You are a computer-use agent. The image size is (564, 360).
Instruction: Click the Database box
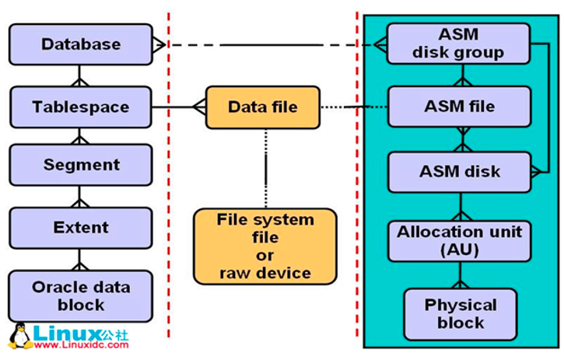(x=80, y=44)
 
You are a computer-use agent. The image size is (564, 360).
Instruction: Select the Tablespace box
(x=80, y=107)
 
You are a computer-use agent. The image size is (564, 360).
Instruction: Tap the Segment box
(x=80, y=165)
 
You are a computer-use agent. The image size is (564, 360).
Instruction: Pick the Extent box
(x=80, y=227)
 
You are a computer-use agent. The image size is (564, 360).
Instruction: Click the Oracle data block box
(x=80, y=295)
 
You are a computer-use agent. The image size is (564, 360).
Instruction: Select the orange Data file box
(x=262, y=107)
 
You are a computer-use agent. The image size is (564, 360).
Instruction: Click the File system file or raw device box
(x=264, y=245)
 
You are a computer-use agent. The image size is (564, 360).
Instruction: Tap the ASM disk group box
(x=459, y=44)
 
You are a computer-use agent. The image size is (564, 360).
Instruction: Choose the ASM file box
(x=459, y=107)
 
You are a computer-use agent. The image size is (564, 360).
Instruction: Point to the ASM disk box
(x=459, y=172)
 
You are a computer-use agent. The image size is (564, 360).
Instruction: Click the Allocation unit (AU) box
(x=459, y=240)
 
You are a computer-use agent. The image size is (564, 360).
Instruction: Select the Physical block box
(x=460, y=313)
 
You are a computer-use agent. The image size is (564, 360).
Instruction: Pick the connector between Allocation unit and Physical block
(x=460, y=275)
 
